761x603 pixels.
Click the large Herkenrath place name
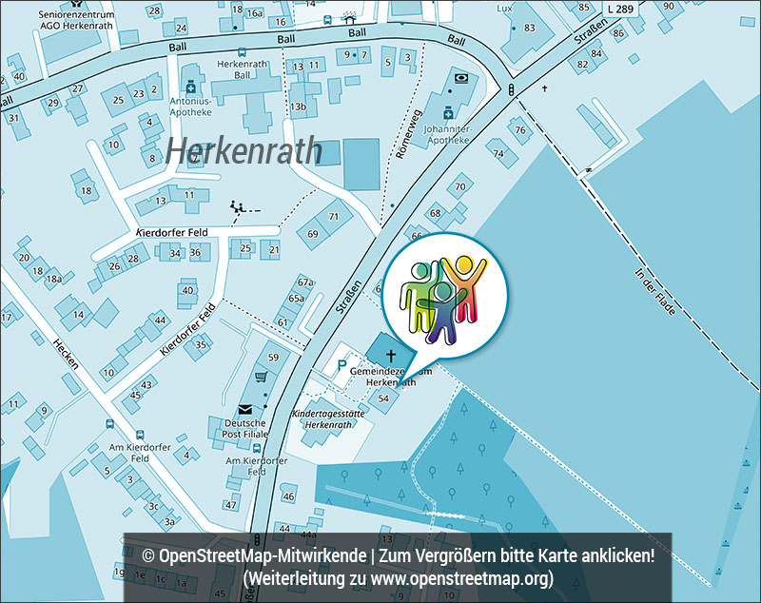click(x=244, y=150)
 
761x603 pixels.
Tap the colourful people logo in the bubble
click(x=442, y=296)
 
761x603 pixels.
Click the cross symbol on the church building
click(x=390, y=355)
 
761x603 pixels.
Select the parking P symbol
click(x=341, y=365)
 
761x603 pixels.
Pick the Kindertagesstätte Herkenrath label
click(x=328, y=419)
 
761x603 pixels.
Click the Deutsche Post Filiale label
click(x=246, y=428)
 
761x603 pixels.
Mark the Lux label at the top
click(x=504, y=8)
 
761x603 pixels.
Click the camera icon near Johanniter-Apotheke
click(x=461, y=77)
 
